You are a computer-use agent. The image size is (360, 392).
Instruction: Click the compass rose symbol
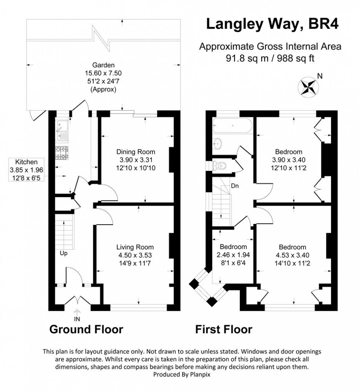308,86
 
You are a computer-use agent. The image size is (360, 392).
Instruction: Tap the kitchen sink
62,132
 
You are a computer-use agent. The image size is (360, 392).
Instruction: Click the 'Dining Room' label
136,152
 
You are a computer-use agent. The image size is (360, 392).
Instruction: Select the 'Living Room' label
135,247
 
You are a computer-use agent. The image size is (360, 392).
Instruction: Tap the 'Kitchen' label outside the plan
26,162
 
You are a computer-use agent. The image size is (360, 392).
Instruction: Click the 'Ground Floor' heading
86,329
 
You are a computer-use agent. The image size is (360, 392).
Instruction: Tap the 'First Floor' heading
223,329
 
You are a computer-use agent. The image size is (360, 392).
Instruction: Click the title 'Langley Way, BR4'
272,24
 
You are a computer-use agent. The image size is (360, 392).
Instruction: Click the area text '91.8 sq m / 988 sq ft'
270,58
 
